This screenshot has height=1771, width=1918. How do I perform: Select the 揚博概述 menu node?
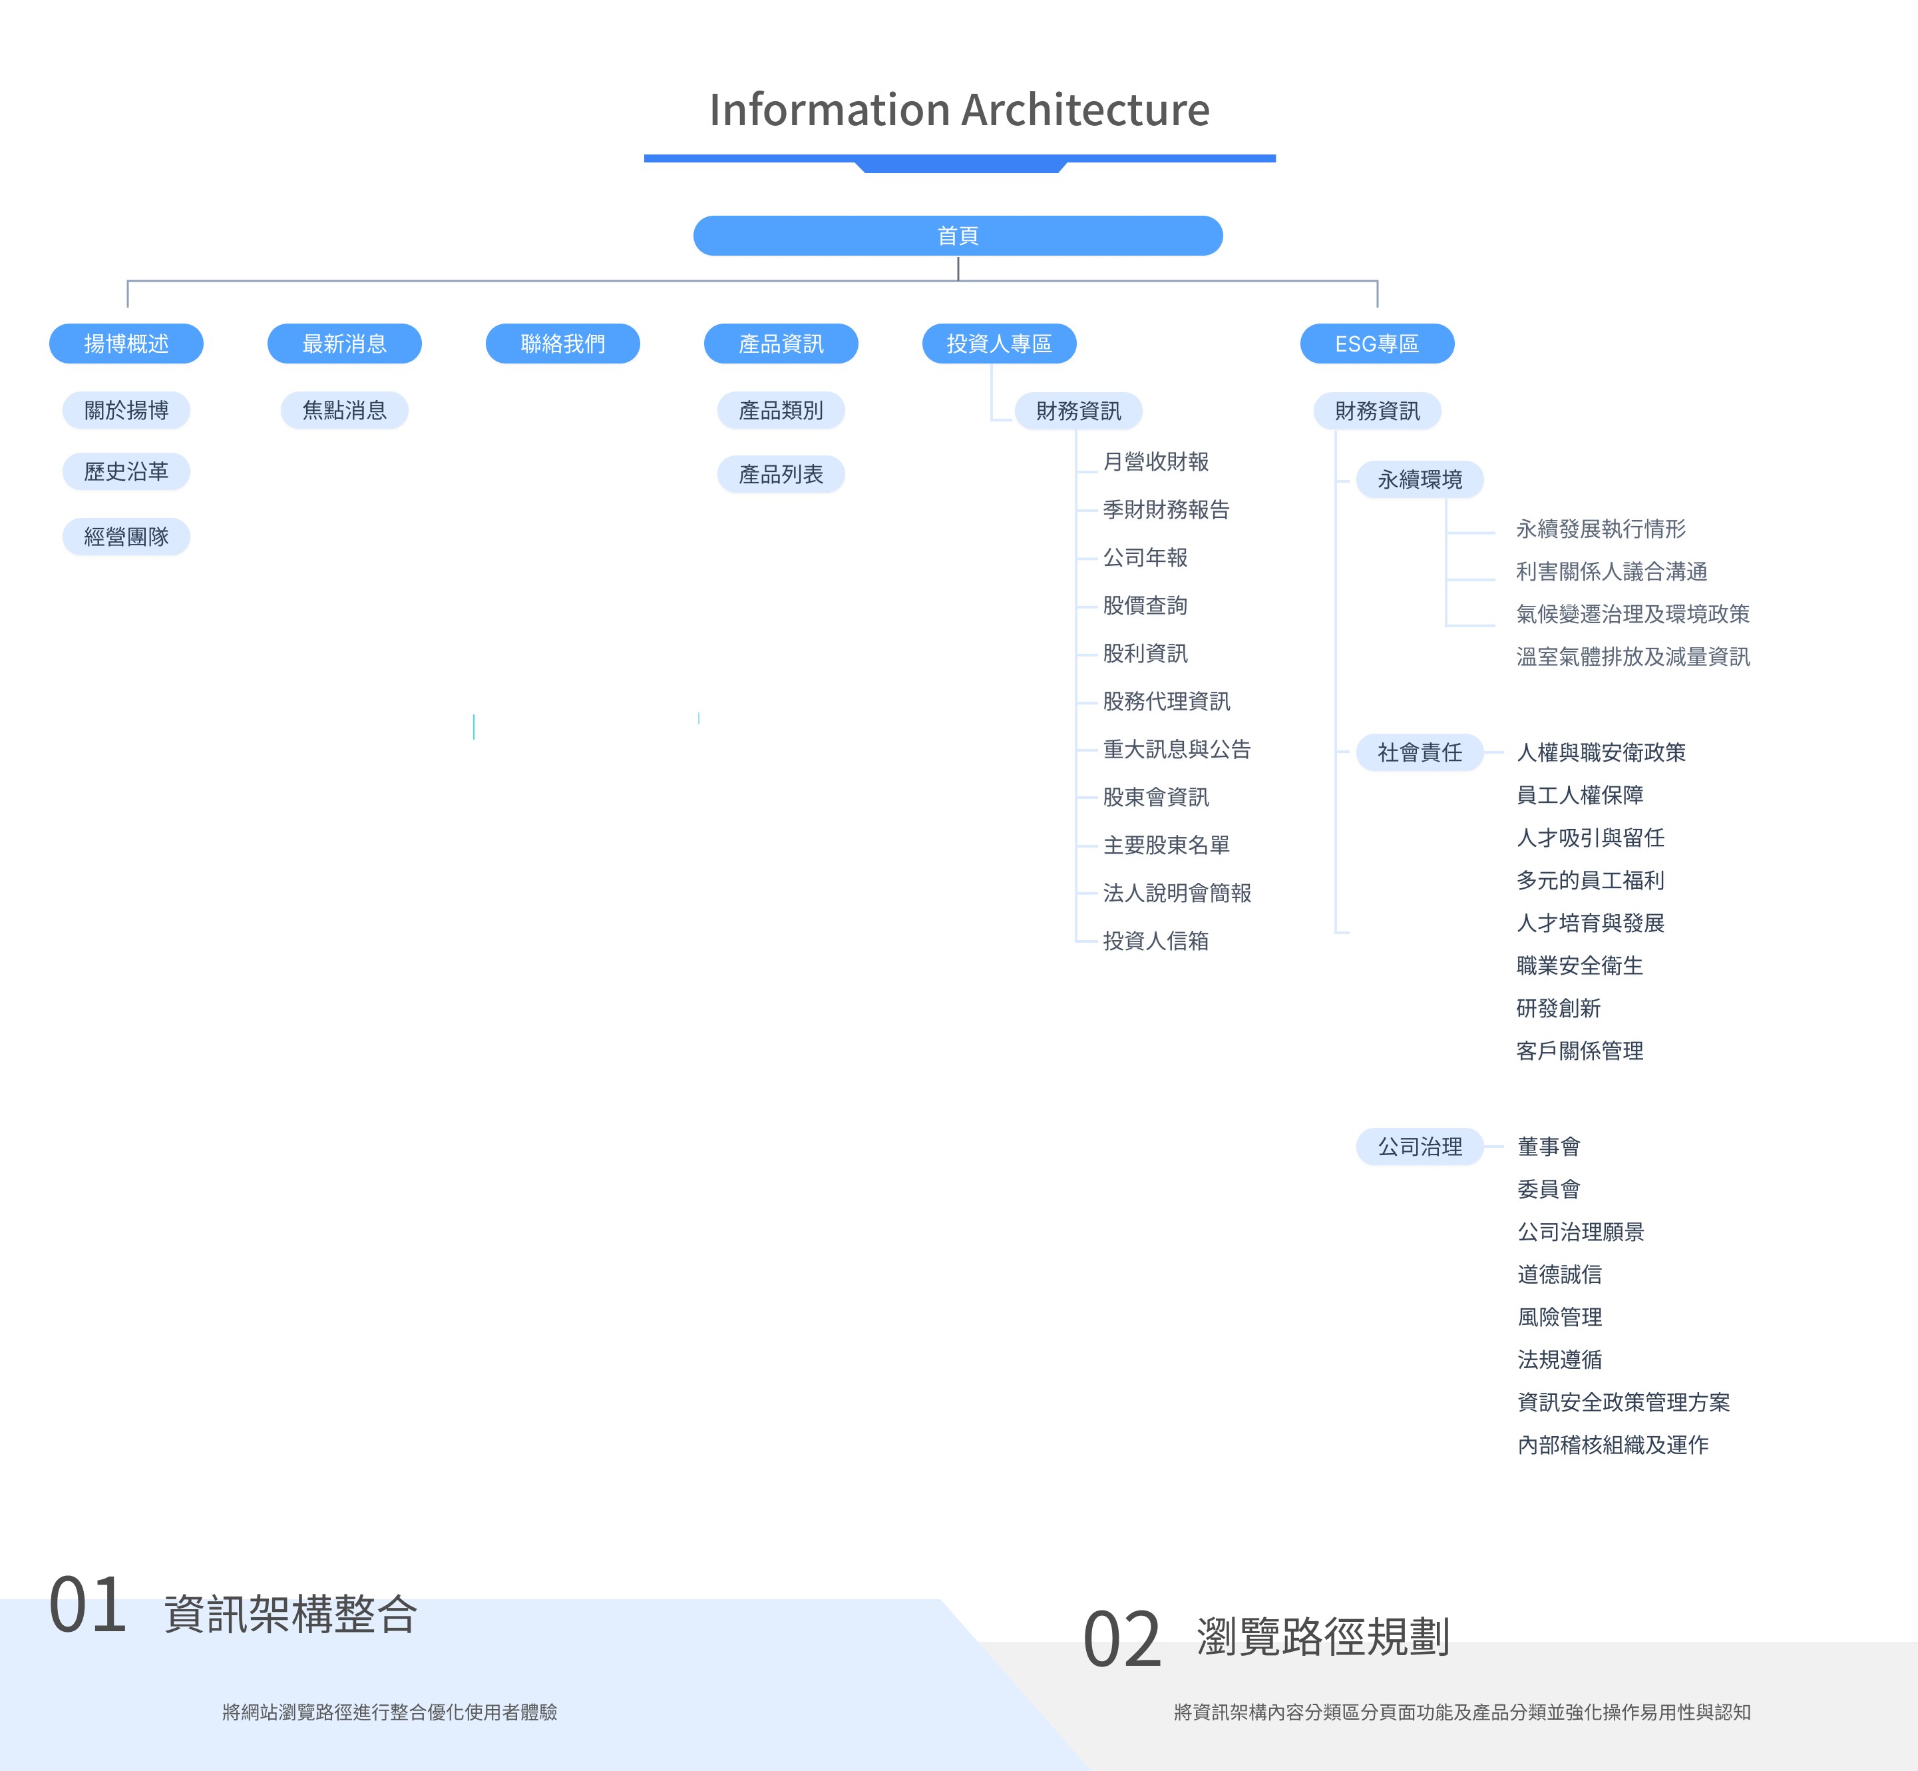126,343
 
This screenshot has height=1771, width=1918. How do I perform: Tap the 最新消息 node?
344,343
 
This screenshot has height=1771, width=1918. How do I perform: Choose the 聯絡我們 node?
562,343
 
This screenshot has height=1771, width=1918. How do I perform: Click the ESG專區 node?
1377,343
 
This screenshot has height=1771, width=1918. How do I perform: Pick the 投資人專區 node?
999,343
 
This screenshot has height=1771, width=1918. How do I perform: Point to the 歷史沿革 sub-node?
126,471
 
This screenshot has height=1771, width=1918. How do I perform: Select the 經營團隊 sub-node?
126,537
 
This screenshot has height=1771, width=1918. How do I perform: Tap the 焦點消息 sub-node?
344,410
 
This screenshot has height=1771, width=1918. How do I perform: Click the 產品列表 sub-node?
781,474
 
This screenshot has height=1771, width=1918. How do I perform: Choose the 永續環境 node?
1420,479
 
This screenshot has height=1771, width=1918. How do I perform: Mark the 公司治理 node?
1420,1146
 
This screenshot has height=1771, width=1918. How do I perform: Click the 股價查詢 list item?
1145,606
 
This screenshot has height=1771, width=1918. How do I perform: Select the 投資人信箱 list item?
1155,941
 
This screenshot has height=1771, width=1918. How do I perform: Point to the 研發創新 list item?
1559,1008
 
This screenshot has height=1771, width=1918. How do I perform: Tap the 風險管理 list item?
1560,1317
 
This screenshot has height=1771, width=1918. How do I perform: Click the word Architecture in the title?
1086,111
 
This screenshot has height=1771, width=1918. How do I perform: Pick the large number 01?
88,1606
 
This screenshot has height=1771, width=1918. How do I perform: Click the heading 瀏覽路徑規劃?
1323,1637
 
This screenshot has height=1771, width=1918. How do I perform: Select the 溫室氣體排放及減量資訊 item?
1632,656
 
